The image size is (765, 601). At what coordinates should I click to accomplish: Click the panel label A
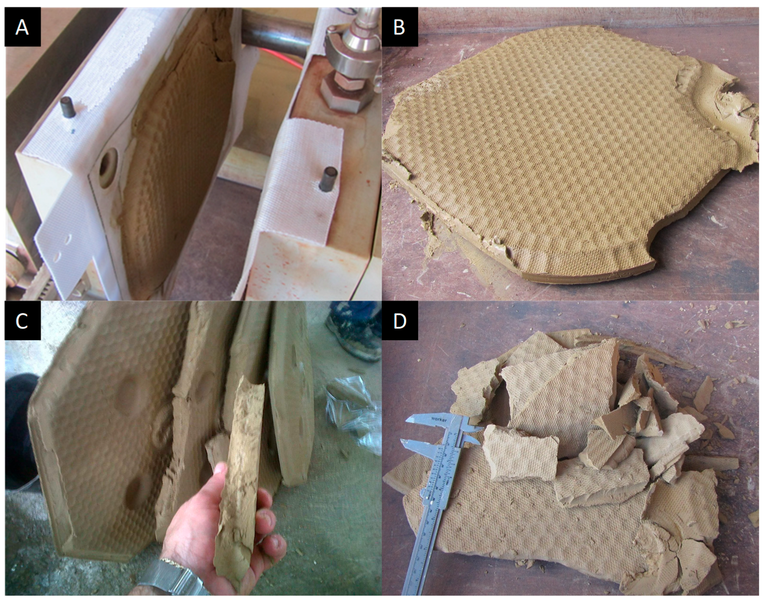(22, 28)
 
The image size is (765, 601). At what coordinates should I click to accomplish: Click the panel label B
(399, 28)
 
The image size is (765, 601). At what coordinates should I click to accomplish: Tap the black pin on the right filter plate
(329, 178)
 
